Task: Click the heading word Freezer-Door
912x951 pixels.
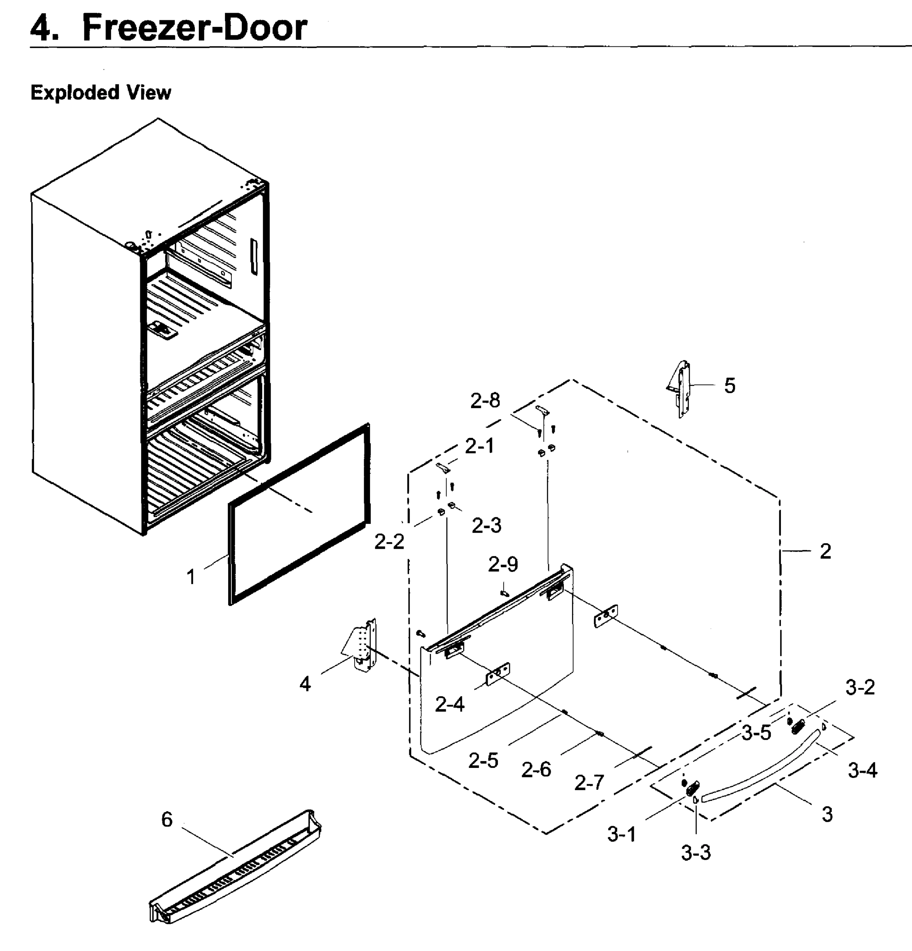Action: coord(194,28)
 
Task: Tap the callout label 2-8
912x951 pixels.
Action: coord(485,401)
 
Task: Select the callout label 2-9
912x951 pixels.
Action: coord(503,564)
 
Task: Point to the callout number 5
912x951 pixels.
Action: coord(730,386)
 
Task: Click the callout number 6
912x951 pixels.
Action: coord(167,819)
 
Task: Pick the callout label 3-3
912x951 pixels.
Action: coord(696,852)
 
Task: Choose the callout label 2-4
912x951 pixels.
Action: coord(450,705)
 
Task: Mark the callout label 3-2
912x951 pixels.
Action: coord(860,687)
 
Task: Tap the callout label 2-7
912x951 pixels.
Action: coord(590,783)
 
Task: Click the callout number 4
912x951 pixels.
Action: coord(305,684)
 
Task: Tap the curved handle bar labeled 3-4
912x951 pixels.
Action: coord(767,771)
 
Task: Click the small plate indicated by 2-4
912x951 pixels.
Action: coord(498,674)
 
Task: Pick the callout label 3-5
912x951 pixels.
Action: coord(756,733)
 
